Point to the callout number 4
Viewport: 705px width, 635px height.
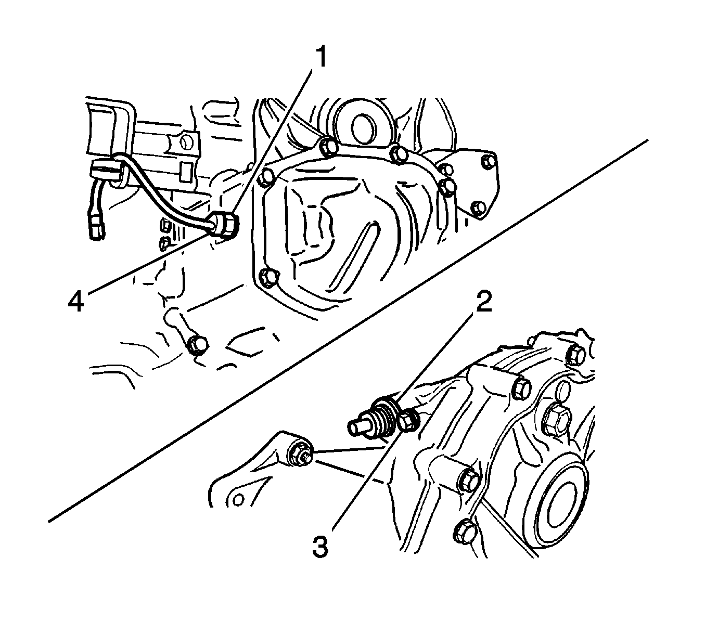coord(76,302)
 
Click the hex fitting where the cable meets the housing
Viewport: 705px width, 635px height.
coord(226,225)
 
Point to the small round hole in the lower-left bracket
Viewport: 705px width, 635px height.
coord(238,499)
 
